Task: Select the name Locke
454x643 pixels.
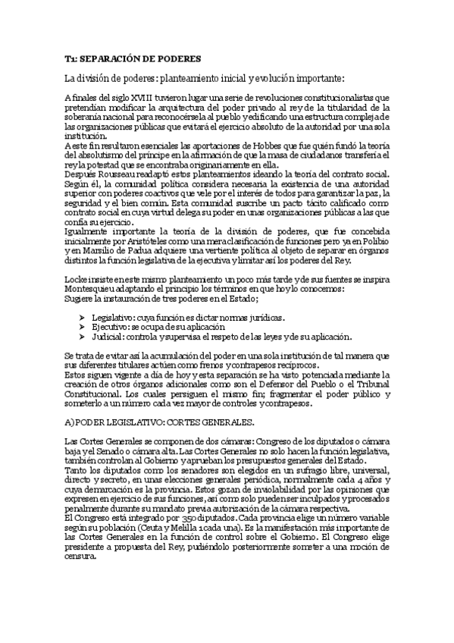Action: [x=77, y=280]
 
